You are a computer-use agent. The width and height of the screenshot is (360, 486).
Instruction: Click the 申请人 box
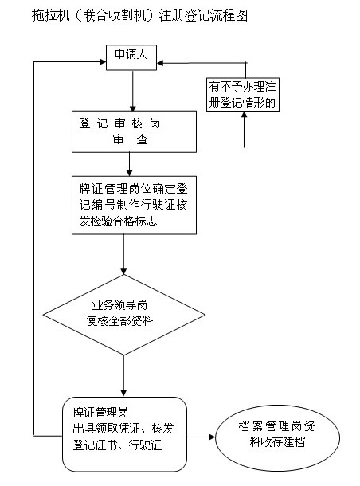point(131,57)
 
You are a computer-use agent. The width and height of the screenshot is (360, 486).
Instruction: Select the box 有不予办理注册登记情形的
point(243,95)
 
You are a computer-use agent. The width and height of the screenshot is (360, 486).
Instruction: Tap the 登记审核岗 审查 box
point(134,131)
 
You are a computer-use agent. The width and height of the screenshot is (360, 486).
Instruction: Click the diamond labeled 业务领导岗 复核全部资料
point(124,315)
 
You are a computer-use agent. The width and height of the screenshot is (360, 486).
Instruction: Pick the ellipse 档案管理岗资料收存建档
point(278,438)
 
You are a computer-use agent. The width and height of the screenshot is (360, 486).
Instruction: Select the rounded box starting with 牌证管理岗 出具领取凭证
point(124,434)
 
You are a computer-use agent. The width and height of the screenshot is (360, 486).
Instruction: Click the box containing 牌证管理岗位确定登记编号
point(134,206)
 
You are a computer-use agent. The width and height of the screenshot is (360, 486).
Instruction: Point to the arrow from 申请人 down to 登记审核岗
point(132,91)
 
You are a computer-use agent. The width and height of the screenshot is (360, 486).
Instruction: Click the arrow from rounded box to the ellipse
point(201,437)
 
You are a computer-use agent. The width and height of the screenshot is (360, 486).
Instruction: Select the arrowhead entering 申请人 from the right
point(160,63)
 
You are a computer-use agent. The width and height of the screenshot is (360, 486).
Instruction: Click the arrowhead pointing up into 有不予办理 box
point(245,115)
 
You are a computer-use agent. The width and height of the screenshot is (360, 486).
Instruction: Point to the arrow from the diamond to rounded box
point(124,376)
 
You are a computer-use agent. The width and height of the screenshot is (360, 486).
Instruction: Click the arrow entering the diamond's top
point(124,254)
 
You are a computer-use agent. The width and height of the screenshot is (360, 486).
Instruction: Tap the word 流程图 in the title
point(229,15)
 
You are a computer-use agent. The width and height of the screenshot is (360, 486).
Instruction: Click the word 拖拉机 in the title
point(50,15)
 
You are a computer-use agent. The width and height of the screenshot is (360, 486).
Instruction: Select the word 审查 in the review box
point(130,139)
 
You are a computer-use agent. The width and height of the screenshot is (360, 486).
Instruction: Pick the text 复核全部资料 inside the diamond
point(120,321)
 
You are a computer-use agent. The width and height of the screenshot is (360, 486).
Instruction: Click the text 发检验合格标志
point(118,221)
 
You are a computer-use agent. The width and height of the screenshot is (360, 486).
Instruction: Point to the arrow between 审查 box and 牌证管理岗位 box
point(130,164)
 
